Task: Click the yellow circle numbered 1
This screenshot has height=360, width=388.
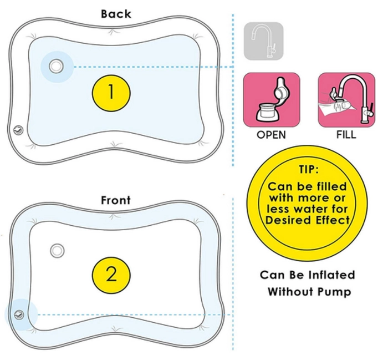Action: coord(111,93)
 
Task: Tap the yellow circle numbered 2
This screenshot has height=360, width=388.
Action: coord(111,275)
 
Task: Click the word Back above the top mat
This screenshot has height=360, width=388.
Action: coord(116,14)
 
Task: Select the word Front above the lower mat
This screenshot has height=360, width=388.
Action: coord(115,200)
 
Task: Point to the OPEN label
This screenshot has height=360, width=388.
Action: coord(271,135)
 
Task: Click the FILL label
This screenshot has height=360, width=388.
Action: coord(346,134)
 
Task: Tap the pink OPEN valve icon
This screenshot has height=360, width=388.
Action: coord(272,100)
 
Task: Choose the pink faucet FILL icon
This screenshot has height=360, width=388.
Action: coord(346,100)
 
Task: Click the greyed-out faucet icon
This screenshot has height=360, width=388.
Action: coord(264,41)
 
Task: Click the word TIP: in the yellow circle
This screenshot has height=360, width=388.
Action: coord(308,169)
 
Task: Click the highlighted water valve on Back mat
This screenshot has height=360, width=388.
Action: coord(57,67)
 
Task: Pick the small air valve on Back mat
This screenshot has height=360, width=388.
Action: coord(18,130)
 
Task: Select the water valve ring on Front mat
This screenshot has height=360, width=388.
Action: coord(57,251)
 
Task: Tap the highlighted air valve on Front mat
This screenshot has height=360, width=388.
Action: coord(19,315)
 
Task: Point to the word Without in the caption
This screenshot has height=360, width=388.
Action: coord(291,291)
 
